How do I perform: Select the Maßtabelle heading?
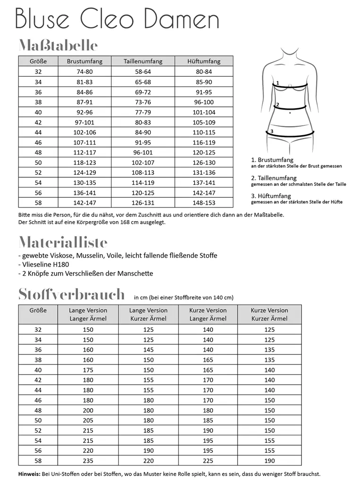[58, 45]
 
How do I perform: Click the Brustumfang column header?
[85, 61]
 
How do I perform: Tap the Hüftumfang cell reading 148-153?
[204, 202]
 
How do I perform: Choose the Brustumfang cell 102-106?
[85, 132]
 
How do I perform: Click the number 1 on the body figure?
[278, 83]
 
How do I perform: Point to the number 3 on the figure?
[272, 131]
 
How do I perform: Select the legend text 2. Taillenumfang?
[274, 178]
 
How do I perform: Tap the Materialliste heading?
[63, 242]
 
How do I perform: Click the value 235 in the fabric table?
[88, 460]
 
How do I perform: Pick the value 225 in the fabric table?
[208, 460]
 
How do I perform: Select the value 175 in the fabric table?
[88, 370]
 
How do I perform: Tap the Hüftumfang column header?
[204, 61]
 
